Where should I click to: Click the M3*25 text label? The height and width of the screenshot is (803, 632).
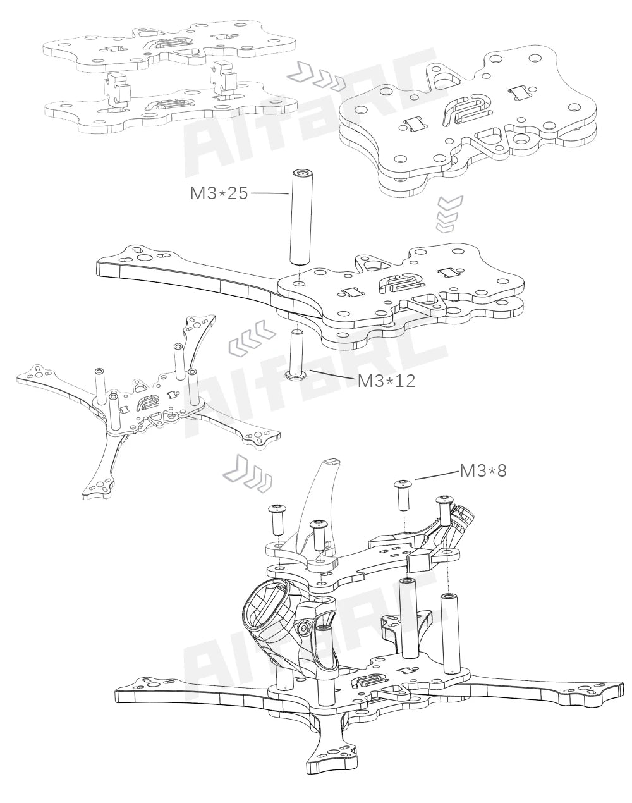click(219, 193)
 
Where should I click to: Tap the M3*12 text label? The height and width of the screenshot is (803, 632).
click(386, 381)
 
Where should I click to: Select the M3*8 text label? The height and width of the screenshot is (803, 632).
click(483, 470)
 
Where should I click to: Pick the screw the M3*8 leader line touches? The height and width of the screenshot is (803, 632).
click(403, 494)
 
